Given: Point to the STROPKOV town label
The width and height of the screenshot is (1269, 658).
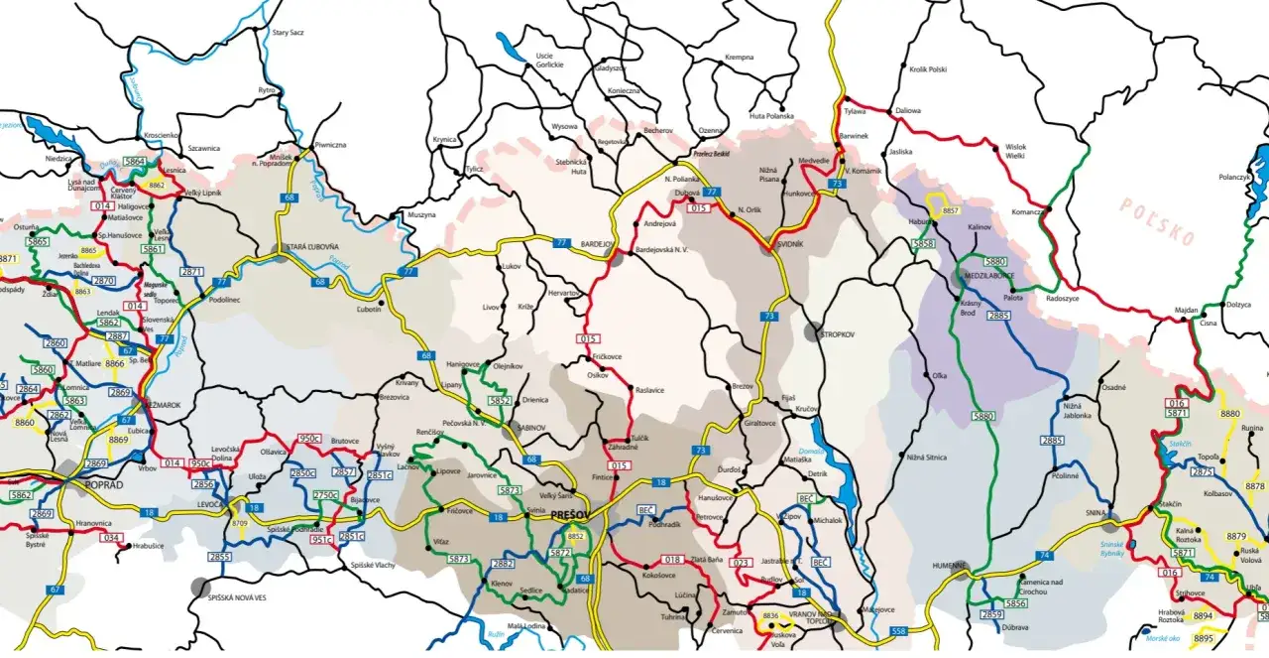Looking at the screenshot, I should click(x=838, y=334).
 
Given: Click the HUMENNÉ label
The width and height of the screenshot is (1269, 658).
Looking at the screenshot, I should click(x=949, y=565).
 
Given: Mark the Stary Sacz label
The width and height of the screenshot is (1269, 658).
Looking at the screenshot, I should click(x=288, y=32).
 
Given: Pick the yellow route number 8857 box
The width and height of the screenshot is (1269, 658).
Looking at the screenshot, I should click(x=952, y=211).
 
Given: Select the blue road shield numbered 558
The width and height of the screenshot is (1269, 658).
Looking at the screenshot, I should click(x=898, y=631).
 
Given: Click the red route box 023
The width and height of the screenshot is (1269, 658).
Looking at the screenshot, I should click(x=740, y=562).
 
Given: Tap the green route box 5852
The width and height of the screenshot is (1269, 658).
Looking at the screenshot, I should click(x=500, y=400).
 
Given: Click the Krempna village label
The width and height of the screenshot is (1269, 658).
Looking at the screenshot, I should click(x=740, y=58).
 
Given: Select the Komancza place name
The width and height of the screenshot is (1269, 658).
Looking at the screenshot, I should click(x=1027, y=212).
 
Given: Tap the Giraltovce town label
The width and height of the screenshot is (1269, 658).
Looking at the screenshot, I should click(x=759, y=423).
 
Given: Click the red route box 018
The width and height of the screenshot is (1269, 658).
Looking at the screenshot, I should click(x=673, y=560).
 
